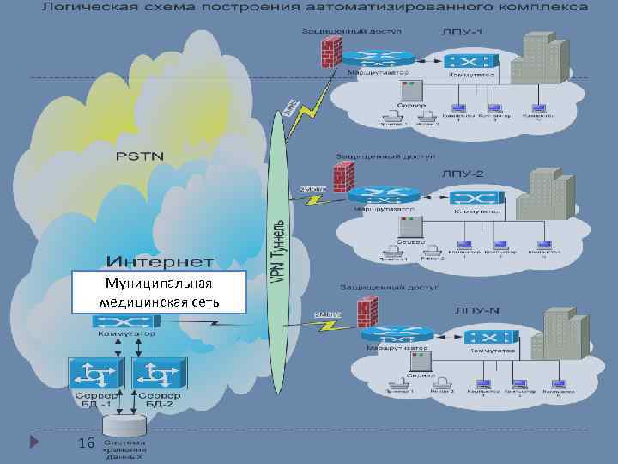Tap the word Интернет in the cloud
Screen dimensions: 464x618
point(161,259)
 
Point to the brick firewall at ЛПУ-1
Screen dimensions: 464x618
point(330,52)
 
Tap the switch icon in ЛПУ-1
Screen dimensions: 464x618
point(469,61)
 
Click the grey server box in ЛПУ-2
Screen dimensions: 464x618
point(409,227)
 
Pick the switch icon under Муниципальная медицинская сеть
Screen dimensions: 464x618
point(125,321)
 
